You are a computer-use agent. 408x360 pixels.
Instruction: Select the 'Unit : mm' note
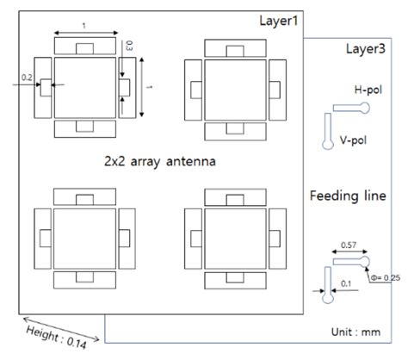[360, 331]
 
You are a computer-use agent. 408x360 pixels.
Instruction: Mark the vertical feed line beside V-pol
[328, 130]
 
